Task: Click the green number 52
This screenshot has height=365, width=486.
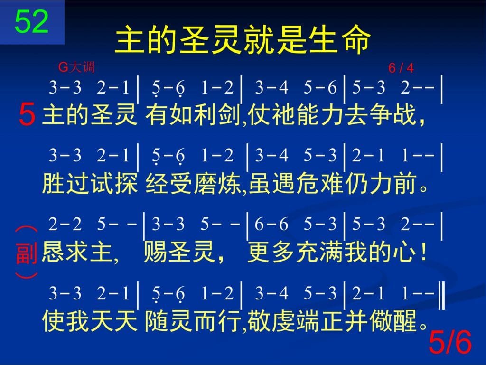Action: coord(31,21)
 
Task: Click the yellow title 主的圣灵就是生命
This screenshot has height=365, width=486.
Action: coord(243,40)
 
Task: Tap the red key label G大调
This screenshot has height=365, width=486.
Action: coord(76,67)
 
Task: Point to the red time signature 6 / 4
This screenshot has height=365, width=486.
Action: coord(401,68)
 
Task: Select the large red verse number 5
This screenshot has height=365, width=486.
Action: coord(27,114)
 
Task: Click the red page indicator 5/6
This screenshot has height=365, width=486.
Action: coord(450,342)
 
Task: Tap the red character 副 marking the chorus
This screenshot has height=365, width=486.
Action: coord(27,253)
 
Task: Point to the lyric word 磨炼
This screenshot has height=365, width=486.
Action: coord(217,183)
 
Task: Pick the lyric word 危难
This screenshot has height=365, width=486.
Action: coord(319,183)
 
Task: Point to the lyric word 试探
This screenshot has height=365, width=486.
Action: coord(113,183)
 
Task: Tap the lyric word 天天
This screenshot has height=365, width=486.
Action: coord(113,321)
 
